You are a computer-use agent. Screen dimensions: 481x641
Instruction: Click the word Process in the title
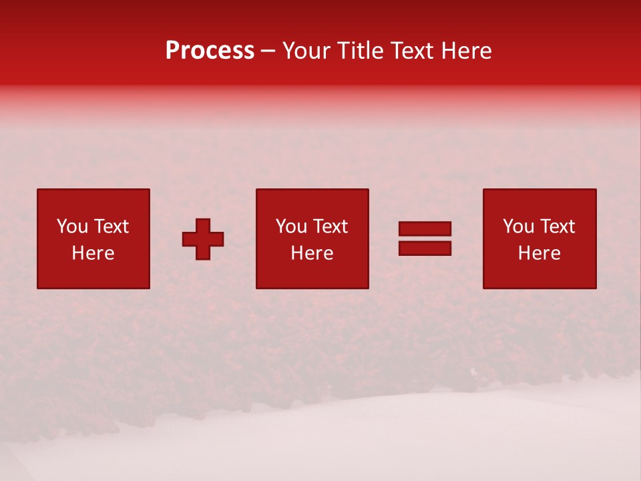click(210, 51)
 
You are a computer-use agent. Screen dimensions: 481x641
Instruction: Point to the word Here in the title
click(468, 51)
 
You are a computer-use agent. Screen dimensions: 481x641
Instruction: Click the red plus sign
click(203, 239)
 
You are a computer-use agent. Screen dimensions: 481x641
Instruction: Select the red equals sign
click(425, 238)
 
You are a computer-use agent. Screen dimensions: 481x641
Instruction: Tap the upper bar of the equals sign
click(425, 229)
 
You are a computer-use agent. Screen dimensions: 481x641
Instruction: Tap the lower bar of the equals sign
click(425, 248)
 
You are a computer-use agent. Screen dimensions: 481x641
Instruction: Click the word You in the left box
click(72, 226)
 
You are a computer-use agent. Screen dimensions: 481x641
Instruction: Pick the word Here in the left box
click(93, 253)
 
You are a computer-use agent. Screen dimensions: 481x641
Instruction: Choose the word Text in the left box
click(110, 226)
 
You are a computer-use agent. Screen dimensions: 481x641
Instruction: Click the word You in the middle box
click(291, 226)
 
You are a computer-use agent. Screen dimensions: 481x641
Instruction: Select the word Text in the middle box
click(329, 226)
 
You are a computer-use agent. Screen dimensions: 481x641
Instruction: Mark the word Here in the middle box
click(312, 253)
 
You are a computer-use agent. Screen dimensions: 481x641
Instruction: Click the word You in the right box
click(518, 226)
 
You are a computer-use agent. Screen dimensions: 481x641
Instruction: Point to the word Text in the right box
click(556, 226)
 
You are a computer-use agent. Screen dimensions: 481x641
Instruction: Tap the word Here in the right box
click(539, 253)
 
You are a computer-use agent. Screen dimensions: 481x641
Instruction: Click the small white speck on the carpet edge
click(473, 371)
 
